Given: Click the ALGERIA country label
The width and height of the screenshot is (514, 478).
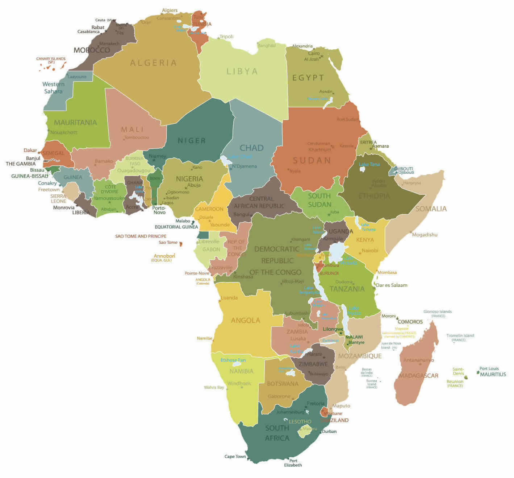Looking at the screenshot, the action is pos(153,63).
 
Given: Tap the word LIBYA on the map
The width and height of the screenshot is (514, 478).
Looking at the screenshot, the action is pos(242,71).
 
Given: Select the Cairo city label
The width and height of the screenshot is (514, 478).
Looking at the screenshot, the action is pos(314,53).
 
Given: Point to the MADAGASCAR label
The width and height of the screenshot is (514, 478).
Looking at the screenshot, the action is pos(418,376).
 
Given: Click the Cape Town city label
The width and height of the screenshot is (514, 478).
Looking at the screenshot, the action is pos(235,457).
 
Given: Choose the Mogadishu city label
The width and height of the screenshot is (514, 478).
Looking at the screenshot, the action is pos(425,235).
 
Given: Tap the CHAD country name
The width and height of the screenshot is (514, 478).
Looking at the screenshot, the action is pos(251,148).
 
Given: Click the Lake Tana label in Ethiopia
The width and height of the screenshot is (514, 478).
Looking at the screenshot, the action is pos(369,164).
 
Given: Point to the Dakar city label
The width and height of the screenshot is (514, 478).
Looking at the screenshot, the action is pos(30,150).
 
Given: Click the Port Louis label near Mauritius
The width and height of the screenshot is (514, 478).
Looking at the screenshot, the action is pos(489,368).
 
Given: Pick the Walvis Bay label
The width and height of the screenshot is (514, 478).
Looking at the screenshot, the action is pos(214,387).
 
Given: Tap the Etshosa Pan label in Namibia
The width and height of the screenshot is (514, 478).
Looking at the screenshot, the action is pos(233,360).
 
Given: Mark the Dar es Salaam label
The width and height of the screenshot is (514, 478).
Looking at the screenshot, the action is pos(391,285).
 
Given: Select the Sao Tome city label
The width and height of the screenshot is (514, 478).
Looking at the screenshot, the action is pos(168,242).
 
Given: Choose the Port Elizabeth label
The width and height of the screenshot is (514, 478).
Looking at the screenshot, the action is pos(293,463).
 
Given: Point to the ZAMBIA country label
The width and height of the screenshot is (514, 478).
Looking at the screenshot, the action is pos(297,331).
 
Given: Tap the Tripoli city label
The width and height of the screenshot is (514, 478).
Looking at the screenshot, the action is pos(226,37).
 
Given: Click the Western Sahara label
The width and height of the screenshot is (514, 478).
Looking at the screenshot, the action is pos(53,87).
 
